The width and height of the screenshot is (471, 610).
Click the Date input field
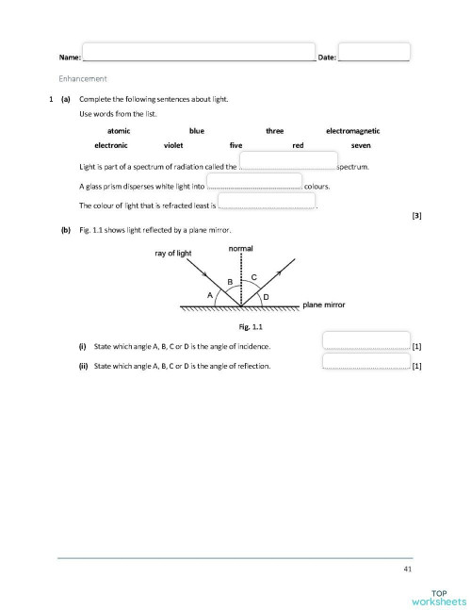(374, 52)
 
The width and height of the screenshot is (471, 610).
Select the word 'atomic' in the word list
(119, 131)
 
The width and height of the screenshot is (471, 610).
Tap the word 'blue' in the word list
(197, 131)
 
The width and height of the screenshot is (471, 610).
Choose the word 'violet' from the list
(173, 146)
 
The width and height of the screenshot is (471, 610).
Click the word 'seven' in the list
(361, 146)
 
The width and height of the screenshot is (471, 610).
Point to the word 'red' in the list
(298, 146)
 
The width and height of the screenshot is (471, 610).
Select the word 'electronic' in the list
(112, 146)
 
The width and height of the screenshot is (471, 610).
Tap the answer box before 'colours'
(253, 181)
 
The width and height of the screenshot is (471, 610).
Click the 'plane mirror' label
(324, 305)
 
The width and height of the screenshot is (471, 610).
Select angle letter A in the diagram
(210, 294)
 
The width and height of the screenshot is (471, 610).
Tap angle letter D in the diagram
(265, 297)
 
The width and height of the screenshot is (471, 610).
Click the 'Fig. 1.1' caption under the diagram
(250, 326)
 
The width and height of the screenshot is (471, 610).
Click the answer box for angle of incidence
(366, 341)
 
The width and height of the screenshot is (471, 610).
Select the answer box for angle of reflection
(366, 361)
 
